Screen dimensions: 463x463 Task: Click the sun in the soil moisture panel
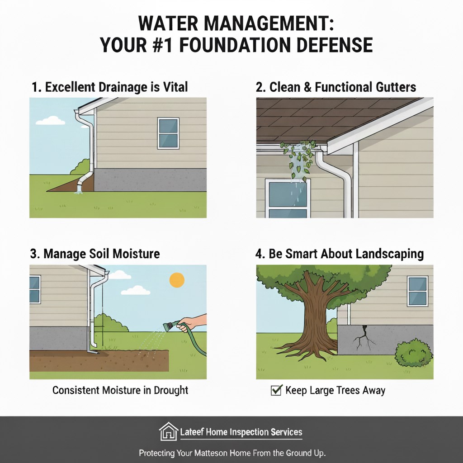[177, 280]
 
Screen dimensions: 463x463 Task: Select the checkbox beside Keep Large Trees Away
[276, 390]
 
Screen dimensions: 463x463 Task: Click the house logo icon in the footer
[169, 432]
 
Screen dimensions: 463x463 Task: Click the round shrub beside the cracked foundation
[413, 353]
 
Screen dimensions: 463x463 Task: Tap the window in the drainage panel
[168, 133]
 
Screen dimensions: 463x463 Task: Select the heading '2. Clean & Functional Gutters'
[336, 87]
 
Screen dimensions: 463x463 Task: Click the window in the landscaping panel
[417, 291]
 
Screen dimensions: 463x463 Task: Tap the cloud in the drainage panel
[51, 120]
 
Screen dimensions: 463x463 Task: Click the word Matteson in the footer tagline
[211, 453]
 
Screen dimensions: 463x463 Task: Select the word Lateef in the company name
[192, 432]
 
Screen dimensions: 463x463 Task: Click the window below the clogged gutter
[288, 198]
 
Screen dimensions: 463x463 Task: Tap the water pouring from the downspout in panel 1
[79, 189]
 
